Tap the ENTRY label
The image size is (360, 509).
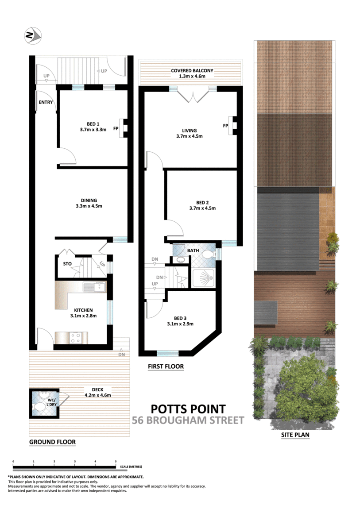(x=46, y=103)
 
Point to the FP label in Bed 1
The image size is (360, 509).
(x=116, y=129)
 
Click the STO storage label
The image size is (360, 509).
(x=67, y=264)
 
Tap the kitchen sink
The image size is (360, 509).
(x=94, y=287)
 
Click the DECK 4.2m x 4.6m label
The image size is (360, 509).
(x=98, y=392)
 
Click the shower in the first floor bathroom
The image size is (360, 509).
(x=203, y=278)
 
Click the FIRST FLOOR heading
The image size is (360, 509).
(x=166, y=366)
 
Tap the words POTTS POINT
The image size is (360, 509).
(x=188, y=409)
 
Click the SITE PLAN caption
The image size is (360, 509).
(x=295, y=435)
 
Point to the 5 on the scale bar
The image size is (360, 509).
(x=116, y=461)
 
